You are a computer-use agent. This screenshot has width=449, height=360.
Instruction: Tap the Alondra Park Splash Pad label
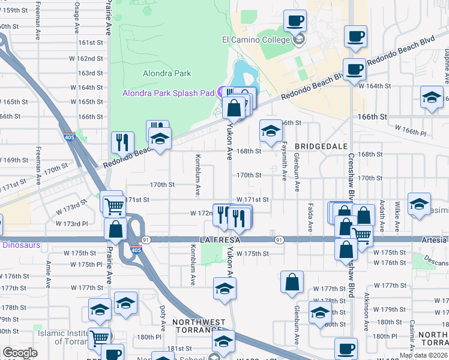(168, 93)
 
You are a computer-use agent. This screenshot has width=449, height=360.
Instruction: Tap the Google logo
(20, 353)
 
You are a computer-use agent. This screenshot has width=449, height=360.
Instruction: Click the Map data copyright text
(423, 355)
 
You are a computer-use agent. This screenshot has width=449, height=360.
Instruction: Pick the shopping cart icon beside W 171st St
(113, 206)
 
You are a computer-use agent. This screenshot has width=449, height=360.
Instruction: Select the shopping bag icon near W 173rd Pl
(115, 229)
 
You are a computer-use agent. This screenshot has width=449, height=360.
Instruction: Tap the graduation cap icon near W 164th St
(432, 97)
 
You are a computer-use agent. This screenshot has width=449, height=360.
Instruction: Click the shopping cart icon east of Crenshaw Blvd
(362, 235)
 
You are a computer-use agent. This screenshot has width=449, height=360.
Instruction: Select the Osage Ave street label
(76, 20)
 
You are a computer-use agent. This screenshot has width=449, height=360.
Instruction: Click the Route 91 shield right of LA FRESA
(280, 240)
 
